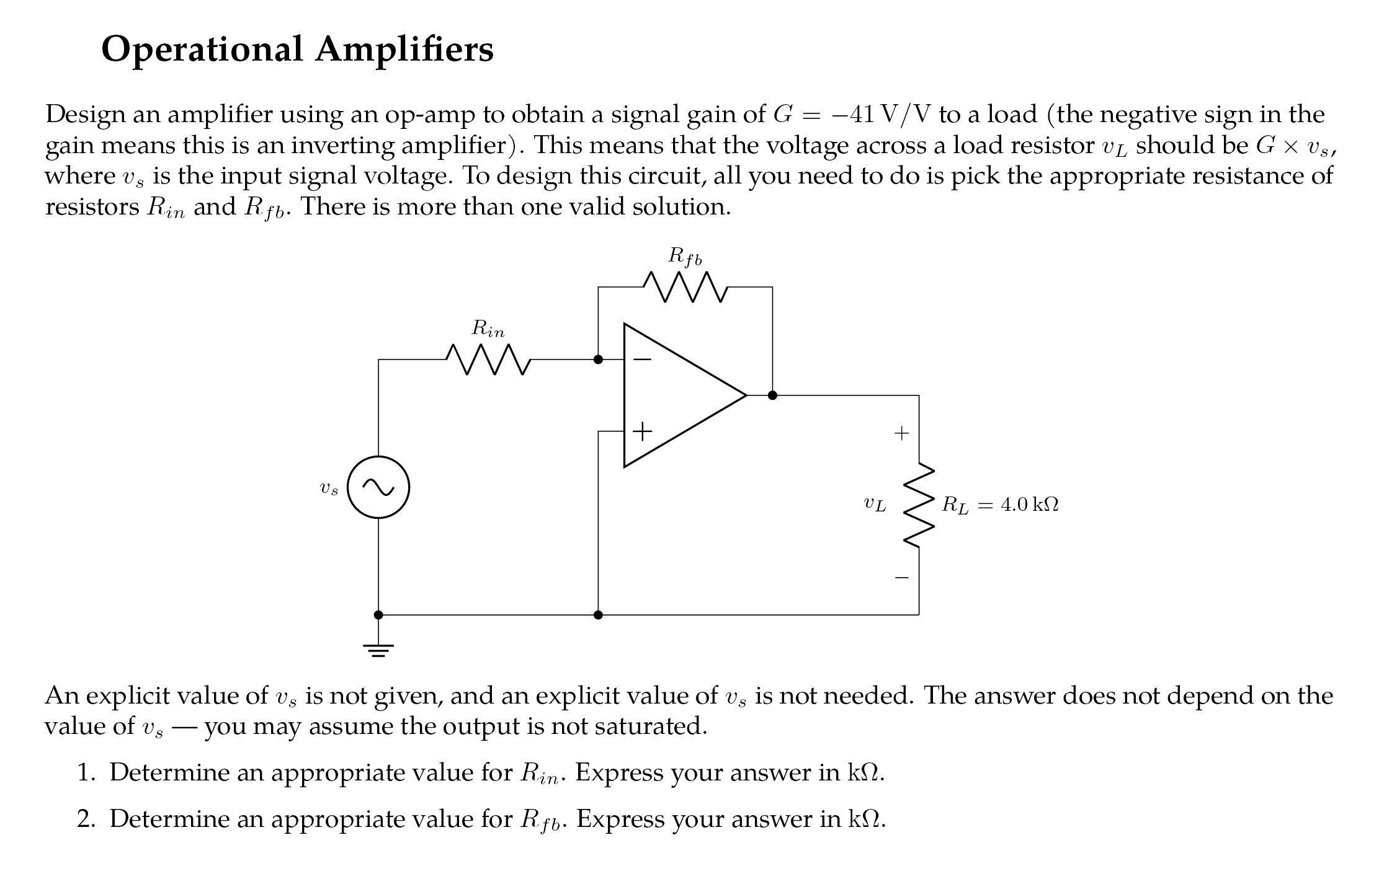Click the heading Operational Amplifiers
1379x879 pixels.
tap(297, 50)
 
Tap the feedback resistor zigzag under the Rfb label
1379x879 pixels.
tap(685, 287)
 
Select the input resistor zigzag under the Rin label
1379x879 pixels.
tap(488, 360)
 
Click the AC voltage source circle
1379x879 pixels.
tap(378, 487)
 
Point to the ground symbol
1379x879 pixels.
tap(378, 650)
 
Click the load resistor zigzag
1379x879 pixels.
tap(919, 505)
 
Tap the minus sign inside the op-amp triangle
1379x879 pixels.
tap(642, 359)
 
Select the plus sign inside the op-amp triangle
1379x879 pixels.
tap(642, 431)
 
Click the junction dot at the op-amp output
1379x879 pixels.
tap(772, 395)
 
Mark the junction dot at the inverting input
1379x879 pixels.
tap(598, 360)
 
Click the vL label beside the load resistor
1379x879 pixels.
tap(875, 505)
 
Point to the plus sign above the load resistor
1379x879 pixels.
tap(901, 433)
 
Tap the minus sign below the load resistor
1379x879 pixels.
tap(901, 578)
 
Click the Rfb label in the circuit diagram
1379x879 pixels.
tap(685, 256)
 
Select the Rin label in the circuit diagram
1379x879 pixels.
tap(488, 329)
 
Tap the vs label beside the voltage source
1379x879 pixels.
tap(329, 488)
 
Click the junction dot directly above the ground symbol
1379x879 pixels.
tap(378, 615)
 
